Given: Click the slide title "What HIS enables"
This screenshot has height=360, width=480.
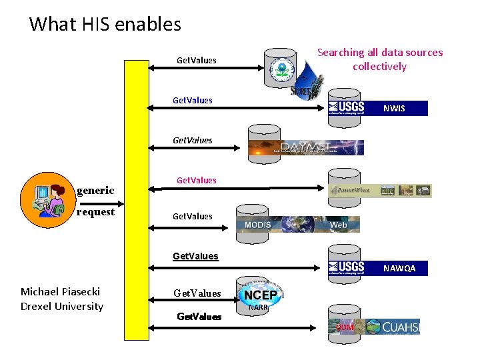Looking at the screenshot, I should [105, 25].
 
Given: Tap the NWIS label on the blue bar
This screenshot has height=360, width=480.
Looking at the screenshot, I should [393, 109].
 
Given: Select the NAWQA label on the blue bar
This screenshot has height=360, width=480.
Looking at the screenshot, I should [399, 269].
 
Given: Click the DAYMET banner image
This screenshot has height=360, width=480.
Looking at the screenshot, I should [306, 147].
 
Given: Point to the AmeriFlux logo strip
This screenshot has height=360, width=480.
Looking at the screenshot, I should [380, 191].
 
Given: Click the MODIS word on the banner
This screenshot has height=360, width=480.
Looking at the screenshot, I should [257, 225].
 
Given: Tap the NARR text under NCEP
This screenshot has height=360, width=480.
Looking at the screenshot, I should [258, 308].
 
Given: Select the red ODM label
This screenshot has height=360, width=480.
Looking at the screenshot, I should [345, 327].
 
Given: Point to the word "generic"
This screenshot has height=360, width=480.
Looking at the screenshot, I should [95, 191].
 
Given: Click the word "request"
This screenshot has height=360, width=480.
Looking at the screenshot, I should [95, 212].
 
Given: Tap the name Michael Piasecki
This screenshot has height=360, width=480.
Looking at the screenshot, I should [60, 291].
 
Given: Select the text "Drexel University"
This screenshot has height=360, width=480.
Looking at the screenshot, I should [62, 307].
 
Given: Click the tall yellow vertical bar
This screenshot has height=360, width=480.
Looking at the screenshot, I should [137, 200].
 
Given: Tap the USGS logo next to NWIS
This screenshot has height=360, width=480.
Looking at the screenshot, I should [347, 108].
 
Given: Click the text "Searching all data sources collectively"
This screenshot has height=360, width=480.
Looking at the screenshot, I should [379, 59].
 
